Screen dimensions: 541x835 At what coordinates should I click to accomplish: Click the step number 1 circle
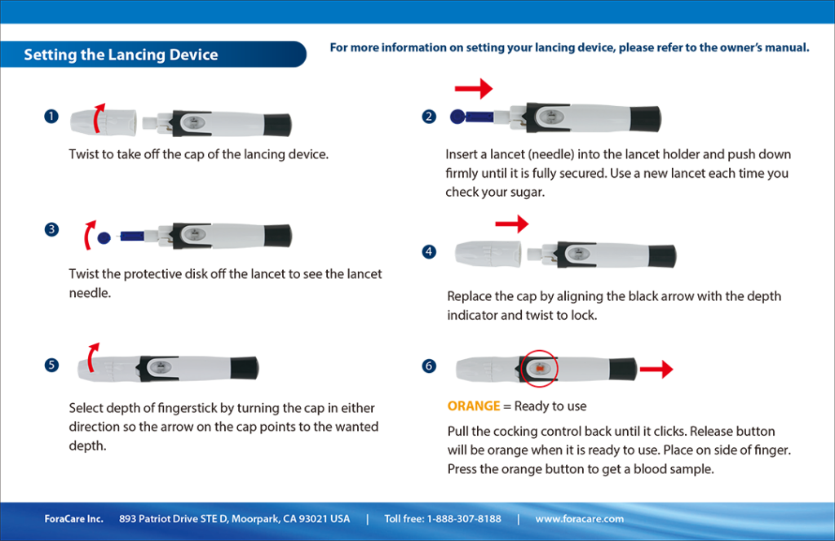[x=51, y=117]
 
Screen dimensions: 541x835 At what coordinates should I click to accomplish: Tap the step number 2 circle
[x=430, y=117]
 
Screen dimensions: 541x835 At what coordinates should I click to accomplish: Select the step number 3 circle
[x=51, y=230]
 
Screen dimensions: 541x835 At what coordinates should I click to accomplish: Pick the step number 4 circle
[x=430, y=251]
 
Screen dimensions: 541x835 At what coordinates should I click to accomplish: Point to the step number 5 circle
[x=51, y=365]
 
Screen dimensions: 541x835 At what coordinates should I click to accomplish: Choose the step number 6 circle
[x=430, y=366]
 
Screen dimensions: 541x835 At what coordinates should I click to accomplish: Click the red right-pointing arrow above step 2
[x=475, y=87]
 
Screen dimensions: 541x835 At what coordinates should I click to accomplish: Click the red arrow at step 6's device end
[x=656, y=370]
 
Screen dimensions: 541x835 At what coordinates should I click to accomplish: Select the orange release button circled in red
[x=541, y=369]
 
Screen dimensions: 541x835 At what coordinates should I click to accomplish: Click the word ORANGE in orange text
[x=473, y=406]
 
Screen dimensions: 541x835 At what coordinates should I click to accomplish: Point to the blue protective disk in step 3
[x=104, y=237]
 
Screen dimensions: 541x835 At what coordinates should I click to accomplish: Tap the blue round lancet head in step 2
[x=458, y=117]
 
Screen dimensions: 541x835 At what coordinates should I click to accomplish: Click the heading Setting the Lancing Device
[x=121, y=55]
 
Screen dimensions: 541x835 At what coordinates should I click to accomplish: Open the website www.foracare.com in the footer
[x=579, y=519]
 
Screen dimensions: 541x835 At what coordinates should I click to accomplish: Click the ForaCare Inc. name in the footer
[x=73, y=519]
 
